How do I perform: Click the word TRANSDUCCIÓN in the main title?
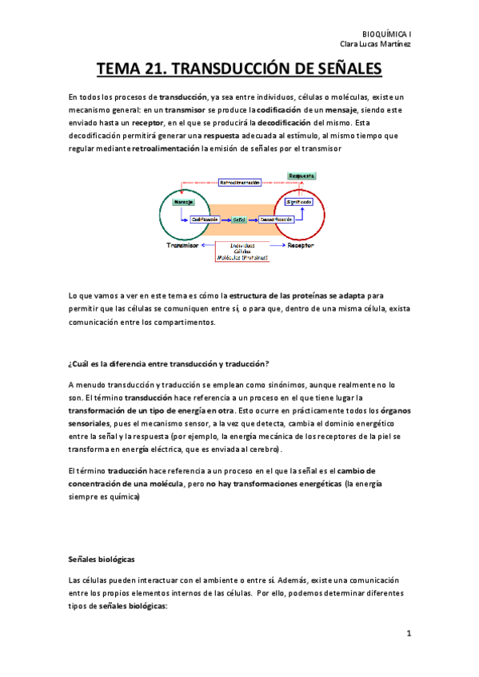tap(239, 70)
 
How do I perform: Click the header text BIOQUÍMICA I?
tap(388, 34)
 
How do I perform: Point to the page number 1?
tap(408, 634)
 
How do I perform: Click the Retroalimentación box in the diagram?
tap(239, 183)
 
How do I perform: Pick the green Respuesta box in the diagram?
tap(301, 175)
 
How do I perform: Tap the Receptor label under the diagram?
tap(300, 245)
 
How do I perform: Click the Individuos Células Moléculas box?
tap(242, 251)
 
